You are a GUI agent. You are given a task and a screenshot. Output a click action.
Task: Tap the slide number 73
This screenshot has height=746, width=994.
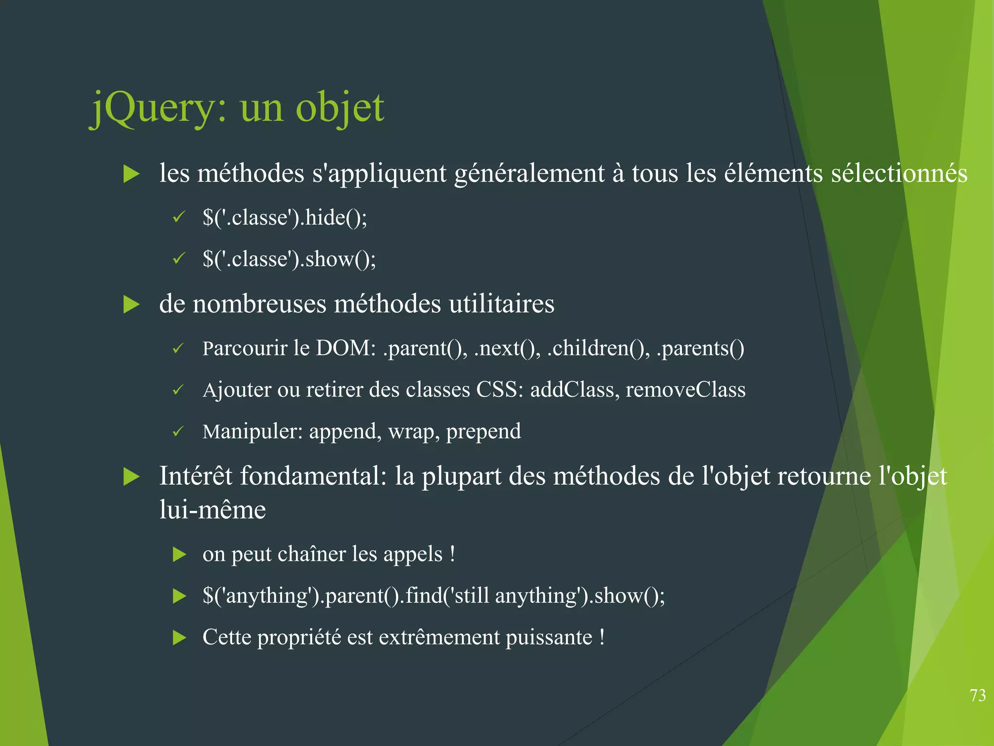click(977, 695)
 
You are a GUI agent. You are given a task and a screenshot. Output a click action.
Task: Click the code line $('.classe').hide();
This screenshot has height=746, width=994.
click(285, 217)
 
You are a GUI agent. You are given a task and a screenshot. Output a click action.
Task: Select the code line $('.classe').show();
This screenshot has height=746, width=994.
click(289, 259)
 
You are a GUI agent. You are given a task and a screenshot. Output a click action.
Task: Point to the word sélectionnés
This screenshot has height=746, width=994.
click(899, 173)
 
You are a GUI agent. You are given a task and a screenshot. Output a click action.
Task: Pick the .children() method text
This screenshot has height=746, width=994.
click(598, 348)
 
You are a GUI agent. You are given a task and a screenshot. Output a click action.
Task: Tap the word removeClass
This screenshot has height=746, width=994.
click(685, 390)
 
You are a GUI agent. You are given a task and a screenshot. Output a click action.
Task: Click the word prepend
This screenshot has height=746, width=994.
click(483, 432)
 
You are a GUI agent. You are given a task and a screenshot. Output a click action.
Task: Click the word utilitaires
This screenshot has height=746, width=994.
click(501, 305)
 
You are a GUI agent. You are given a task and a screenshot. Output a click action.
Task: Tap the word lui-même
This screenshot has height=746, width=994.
click(213, 510)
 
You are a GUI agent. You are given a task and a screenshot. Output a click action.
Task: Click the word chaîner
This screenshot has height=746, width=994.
click(312, 554)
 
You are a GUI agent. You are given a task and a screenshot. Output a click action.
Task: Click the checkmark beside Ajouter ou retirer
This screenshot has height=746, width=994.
click(179, 390)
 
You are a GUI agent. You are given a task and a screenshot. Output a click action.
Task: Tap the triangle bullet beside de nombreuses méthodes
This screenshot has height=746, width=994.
click(132, 305)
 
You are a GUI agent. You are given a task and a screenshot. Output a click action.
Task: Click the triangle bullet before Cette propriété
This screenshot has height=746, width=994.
click(180, 638)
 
